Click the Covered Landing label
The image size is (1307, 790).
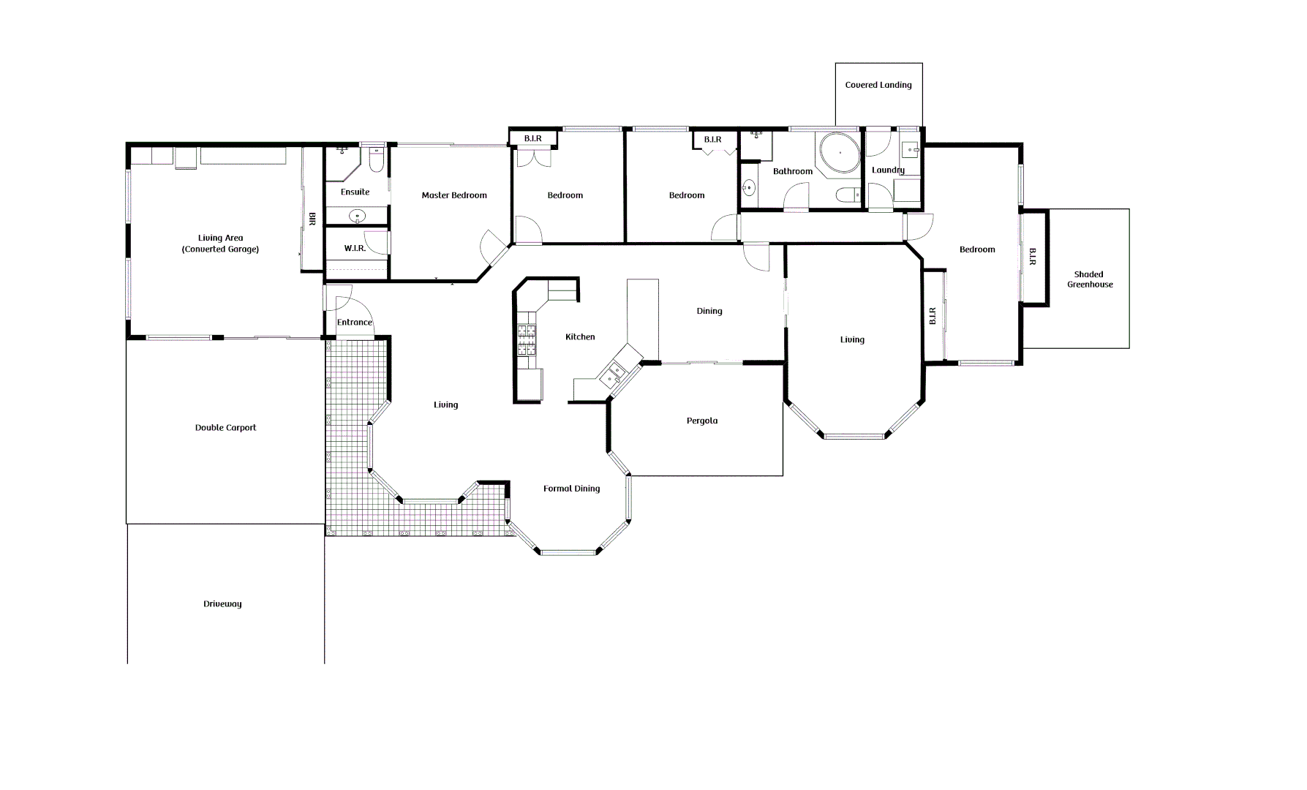click(878, 85)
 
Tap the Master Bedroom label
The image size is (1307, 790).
click(454, 195)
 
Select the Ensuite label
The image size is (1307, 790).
click(355, 192)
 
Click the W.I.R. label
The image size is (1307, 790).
click(355, 249)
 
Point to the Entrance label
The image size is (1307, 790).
click(354, 323)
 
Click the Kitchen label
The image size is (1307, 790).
click(580, 337)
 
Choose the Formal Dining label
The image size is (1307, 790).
click(571, 489)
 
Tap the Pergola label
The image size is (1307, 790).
click(701, 421)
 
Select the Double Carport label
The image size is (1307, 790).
click(225, 428)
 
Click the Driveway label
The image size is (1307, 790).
click(222, 604)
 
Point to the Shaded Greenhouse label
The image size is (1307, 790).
click(1089, 279)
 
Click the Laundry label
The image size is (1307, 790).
click(888, 170)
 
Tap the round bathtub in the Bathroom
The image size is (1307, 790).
click(840, 153)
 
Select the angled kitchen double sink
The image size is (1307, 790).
click(613, 374)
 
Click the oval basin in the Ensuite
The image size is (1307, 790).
click(357, 216)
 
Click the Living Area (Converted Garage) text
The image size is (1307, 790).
click(220, 244)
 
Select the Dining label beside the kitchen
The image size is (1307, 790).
click(709, 312)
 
